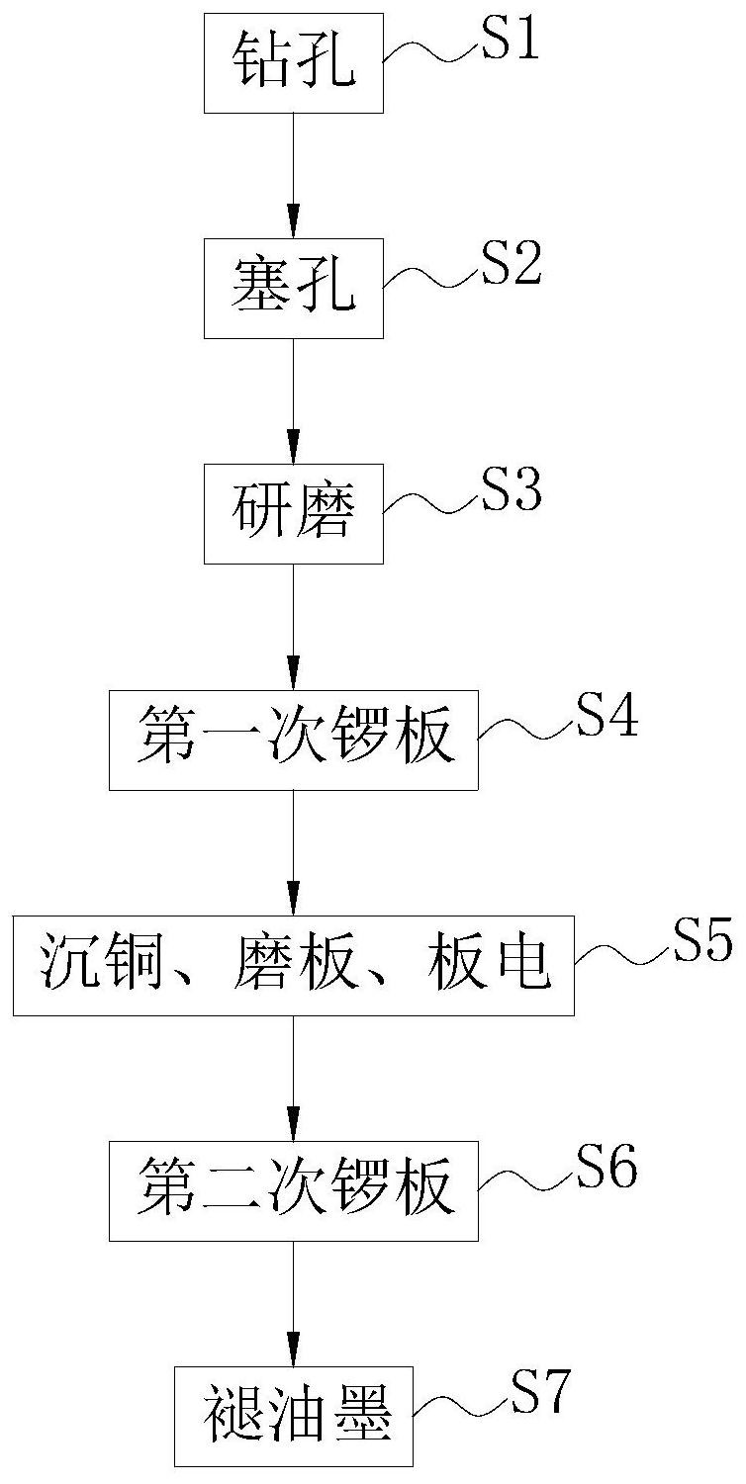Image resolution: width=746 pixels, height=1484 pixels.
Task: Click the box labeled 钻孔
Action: coord(293,63)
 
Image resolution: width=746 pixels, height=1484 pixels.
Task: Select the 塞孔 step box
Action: coord(293,288)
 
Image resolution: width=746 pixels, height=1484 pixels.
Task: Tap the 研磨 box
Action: coord(293,513)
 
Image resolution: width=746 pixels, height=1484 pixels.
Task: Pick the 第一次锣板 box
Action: coord(293,740)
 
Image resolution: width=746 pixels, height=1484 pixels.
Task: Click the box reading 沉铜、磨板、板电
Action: coord(293,965)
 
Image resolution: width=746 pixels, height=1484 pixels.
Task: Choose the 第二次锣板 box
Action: coord(293,1190)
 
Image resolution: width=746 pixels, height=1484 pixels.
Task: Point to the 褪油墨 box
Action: coord(293,1416)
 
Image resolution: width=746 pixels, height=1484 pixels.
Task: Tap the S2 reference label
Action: coord(512,264)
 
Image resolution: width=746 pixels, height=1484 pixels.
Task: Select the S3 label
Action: coord(512,489)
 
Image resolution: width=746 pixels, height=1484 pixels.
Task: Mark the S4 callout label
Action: coord(606,715)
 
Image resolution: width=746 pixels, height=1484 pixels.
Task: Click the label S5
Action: coord(702,940)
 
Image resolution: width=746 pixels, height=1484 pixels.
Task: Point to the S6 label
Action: coord(606,1166)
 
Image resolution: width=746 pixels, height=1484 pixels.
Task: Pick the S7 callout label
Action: coord(540,1391)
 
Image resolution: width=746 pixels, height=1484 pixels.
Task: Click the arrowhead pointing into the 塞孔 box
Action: coord(293,219)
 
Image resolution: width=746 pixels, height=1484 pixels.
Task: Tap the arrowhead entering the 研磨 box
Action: coord(293,445)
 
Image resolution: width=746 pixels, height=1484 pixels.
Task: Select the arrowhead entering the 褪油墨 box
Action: coord(293,1348)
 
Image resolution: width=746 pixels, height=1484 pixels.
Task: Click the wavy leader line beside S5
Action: coord(623,954)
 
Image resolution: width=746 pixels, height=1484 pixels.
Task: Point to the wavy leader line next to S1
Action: coord(432,53)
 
